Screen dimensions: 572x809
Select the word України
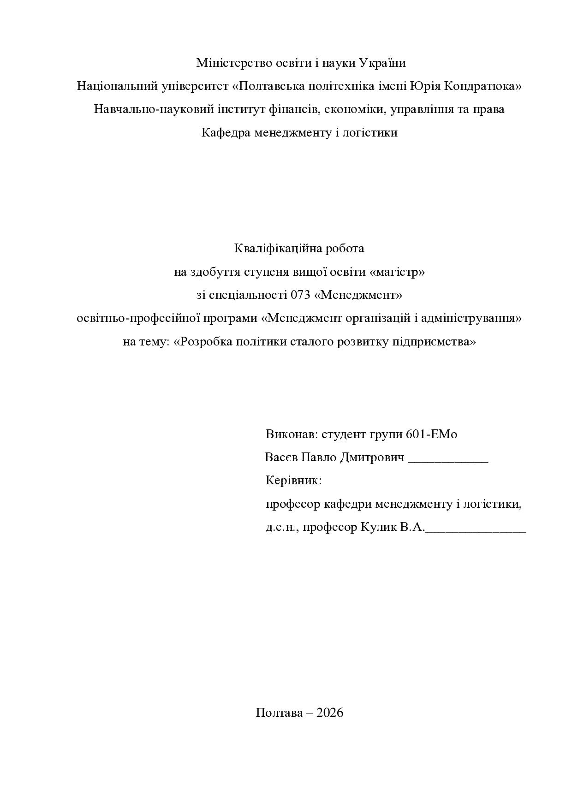(382, 63)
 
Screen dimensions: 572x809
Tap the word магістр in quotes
(397, 272)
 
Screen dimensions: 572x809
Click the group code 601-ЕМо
(432, 434)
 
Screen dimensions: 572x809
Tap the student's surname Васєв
(281, 458)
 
